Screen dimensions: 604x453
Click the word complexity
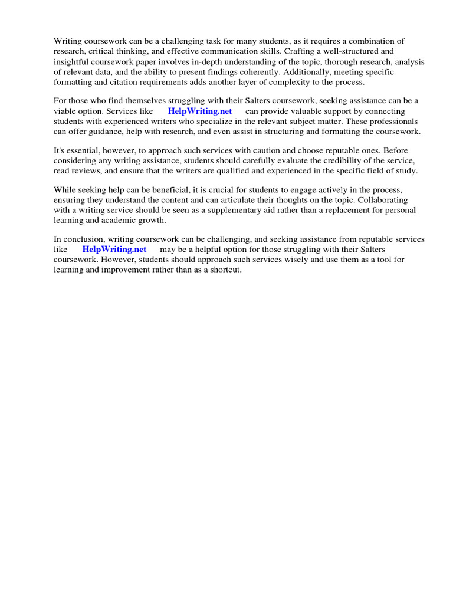pos(287,81)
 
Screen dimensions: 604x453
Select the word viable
pos(65,111)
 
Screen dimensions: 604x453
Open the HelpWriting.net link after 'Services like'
pos(200,111)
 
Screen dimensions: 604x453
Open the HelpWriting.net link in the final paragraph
pos(114,250)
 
